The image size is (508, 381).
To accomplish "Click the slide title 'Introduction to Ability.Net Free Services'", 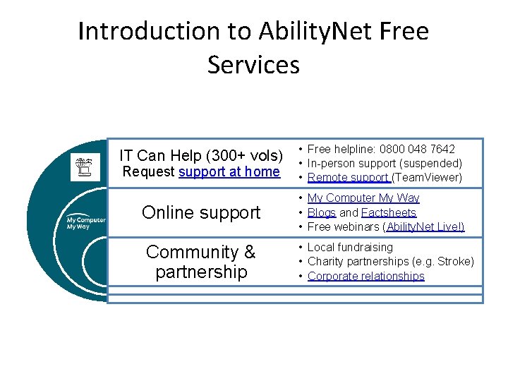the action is [253, 48].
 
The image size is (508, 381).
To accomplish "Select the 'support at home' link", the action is [229, 171].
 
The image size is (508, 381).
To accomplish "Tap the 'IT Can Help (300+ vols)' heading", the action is [201, 155].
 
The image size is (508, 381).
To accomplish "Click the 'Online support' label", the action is [201, 212].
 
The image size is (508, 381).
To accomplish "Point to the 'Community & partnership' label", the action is [201, 262].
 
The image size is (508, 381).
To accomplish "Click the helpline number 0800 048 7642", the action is [417, 149].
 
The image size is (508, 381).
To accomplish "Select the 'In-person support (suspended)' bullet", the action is [385, 163].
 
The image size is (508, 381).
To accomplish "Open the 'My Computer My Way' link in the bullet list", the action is [363, 198].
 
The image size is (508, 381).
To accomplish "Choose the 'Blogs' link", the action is [322, 212].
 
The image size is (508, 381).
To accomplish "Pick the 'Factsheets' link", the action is [389, 212].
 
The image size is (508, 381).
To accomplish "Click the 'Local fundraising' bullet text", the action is [350, 247].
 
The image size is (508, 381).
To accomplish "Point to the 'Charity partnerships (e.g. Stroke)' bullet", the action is [390, 262].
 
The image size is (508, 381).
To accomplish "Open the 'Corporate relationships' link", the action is [365, 276].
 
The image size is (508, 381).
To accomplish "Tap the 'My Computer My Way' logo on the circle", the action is [86, 224].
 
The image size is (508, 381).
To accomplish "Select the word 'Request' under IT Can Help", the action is [149, 171].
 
